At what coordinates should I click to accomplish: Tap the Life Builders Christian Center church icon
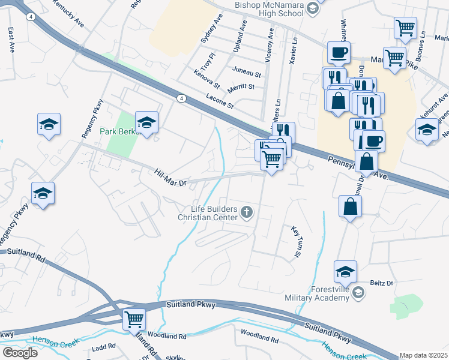tap(246, 212)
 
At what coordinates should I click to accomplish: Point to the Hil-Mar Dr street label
tap(171, 176)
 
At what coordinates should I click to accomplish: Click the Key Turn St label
tap(295, 242)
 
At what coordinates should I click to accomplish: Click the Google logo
tap(19, 352)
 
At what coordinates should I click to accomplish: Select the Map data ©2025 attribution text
tap(423, 355)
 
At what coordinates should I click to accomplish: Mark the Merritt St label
tap(241, 87)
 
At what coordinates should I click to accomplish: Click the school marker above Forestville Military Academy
tap(346, 271)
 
